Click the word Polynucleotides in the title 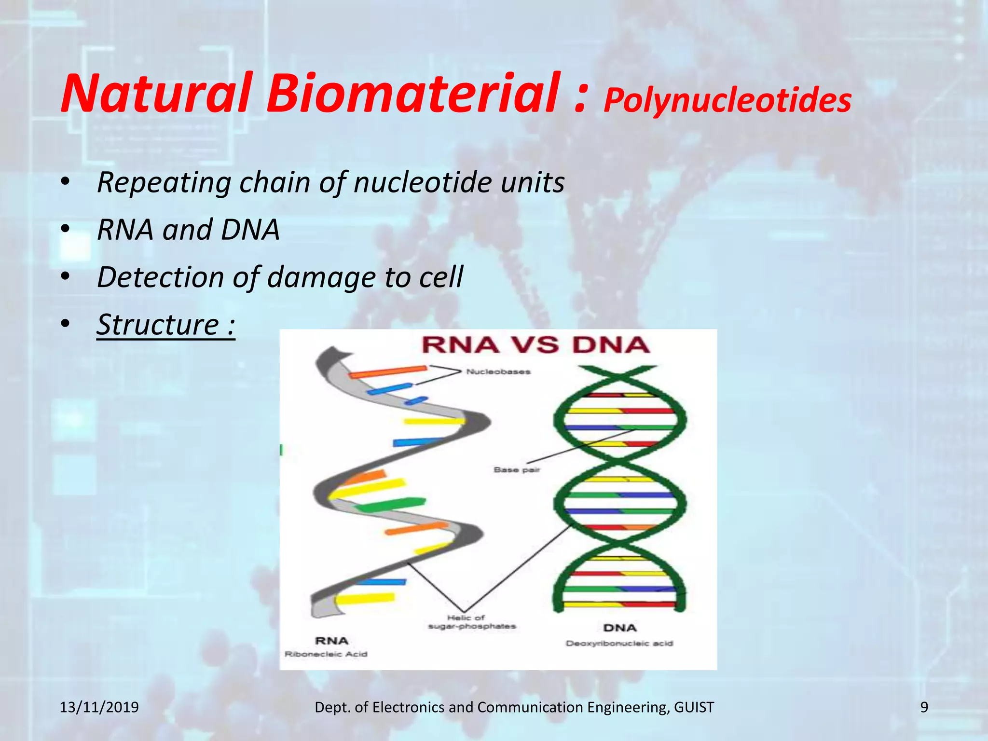tap(727, 100)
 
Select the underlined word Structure tap(158, 324)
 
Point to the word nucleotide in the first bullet tap(423, 182)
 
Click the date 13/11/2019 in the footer tap(99, 707)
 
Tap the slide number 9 tap(924, 707)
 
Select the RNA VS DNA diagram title tap(535, 345)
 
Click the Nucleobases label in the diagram tap(498, 372)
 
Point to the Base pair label tap(517, 470)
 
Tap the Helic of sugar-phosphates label tap(471, 622)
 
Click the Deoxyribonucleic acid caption tap(619, 644)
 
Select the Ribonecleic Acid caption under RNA tap(326, 654)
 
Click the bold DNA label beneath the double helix tap(619, 628)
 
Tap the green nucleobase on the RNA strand tap(391, 505)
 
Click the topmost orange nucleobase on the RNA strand tap(387, 372)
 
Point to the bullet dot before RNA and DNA tap(66, 229)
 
